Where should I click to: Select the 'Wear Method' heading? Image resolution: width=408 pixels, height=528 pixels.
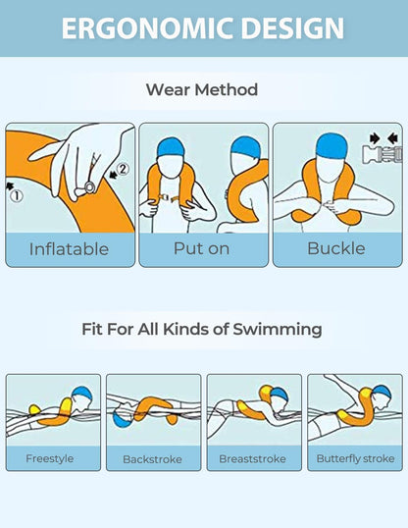click(202, 90)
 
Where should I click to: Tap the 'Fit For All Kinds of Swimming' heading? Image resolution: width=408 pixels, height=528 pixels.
click(202, 330)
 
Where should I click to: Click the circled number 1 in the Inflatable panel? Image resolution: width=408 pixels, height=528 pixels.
click(16, 194)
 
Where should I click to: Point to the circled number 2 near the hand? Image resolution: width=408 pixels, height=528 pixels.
click(123, 169)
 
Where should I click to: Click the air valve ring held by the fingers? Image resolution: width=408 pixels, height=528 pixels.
click(89, 185)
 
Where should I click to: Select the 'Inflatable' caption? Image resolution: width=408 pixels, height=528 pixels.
click(69, 248)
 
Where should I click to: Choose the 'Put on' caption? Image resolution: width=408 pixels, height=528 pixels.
click(202, 248)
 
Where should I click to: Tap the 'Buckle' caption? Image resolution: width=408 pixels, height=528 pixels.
click(335, 248)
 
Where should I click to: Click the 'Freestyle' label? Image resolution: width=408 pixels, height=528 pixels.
click(49, 458)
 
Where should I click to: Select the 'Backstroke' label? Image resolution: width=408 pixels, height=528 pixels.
click(153, 458)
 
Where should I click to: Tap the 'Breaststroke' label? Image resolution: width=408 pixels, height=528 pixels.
click(253, 458)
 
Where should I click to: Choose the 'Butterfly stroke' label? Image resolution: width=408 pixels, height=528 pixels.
click(355, 458)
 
